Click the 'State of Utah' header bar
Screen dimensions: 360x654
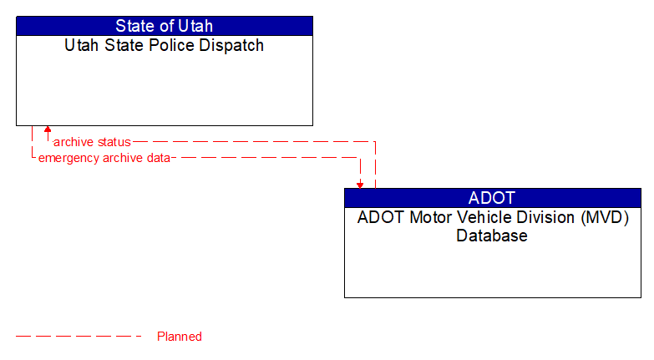click(164, 26)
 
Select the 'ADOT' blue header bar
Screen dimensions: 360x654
click(492, 198)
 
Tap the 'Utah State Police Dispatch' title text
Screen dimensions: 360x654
click(164, 45)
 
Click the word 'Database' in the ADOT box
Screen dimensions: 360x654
click(492, 236)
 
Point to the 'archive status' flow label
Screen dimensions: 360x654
click(92, 142)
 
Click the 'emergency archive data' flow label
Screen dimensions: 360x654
click(104, 157)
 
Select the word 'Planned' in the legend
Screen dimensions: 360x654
click(180, 337)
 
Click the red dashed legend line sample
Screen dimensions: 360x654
click(79, 337)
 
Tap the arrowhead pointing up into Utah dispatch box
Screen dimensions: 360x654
click(48, 130)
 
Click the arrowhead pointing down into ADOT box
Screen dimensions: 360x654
click(360, 184)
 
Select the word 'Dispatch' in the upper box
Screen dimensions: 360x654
click(234, 45)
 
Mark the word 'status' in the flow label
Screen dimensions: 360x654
click(114, 142)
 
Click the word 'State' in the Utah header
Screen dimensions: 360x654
click(136, 26)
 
